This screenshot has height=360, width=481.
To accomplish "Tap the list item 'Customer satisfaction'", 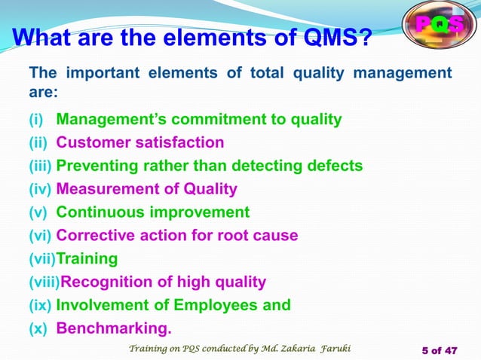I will coord(140,142).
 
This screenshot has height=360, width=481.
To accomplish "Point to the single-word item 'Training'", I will coord(87,259).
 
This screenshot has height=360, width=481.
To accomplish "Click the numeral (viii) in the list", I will coord(44,282).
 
